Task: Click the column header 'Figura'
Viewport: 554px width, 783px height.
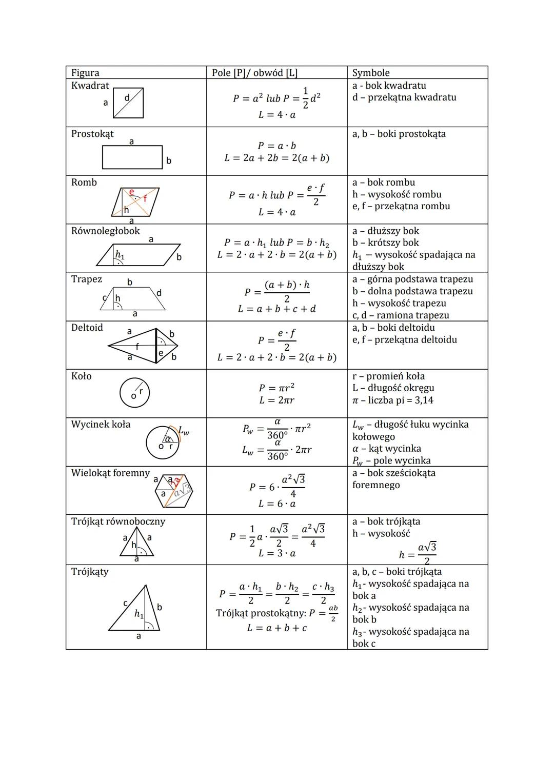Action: [85, 73]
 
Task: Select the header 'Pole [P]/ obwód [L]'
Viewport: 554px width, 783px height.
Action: [254, 73]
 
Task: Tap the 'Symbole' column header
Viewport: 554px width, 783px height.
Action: [371, 73]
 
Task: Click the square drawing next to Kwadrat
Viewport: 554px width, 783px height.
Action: [128, 103]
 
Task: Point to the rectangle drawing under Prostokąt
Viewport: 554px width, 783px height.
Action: [132, 157]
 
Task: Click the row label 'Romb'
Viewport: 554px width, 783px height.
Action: [84, 183]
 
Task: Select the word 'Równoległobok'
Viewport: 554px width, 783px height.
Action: [106, 231]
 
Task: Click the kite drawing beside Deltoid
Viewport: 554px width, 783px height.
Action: [143, 346]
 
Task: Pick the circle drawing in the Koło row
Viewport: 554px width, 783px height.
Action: [134, 393]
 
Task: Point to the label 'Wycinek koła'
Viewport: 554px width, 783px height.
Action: [101, 425]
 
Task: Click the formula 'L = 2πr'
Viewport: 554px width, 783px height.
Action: [276, 400]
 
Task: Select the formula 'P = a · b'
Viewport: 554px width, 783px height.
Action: [277, 146]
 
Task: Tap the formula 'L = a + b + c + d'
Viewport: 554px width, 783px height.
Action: [277, 309]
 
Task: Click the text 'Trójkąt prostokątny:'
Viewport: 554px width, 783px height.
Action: [261, 613]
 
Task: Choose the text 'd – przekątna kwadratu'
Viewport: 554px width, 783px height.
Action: [404, 97]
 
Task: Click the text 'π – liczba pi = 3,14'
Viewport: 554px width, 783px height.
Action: [393, 400]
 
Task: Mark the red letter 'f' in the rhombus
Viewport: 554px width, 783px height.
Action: [145, 198]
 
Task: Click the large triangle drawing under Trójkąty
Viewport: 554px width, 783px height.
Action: [134, 610]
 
